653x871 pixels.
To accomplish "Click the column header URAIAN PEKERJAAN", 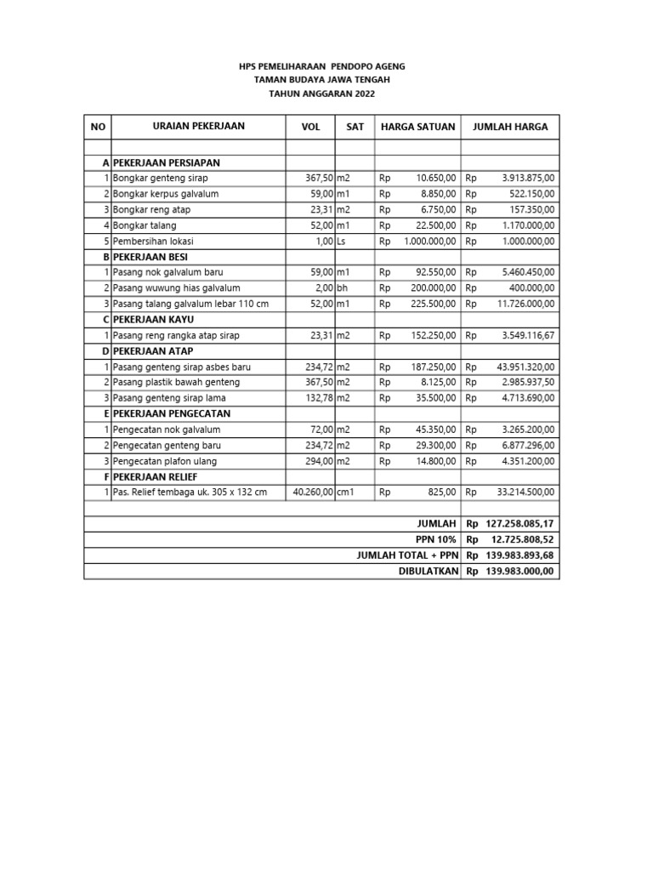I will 198,126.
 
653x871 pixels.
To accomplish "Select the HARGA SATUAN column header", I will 417,127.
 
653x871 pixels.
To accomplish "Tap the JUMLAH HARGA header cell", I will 510,127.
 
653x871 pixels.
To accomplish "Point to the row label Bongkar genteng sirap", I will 160,178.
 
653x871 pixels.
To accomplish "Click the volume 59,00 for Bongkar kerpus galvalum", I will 320,194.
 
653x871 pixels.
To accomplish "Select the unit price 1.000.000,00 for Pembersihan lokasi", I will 430,241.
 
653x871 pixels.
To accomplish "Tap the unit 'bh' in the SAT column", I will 343,288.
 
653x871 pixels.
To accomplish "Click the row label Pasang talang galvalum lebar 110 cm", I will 190,304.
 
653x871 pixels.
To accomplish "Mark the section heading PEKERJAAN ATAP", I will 151,351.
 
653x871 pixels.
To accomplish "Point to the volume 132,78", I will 320,398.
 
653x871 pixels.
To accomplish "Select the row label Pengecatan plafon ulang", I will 164,461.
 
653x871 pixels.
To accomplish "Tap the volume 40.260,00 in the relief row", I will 313,492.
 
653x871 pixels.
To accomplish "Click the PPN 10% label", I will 436,539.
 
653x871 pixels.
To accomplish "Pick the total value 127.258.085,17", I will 520,524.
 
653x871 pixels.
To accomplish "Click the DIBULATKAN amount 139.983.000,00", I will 520,571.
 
